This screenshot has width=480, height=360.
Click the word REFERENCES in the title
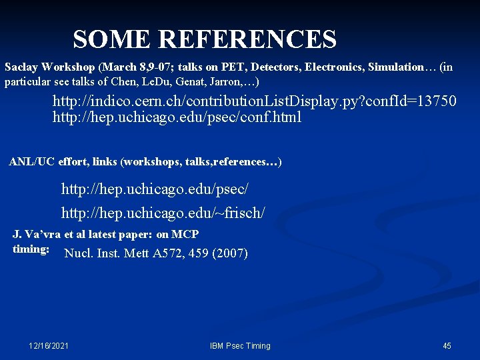[247, 40]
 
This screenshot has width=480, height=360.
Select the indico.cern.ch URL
[255, 101]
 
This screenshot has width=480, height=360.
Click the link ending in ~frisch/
[163, 213]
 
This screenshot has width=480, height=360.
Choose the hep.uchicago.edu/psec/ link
[155, 189]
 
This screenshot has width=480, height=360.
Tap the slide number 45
[447, 346]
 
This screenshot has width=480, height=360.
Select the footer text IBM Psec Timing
[240, 346]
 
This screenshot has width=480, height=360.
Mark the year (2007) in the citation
[229, 253]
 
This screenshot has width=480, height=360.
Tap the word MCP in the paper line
[185, 234]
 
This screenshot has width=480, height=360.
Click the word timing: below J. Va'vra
[31, 249]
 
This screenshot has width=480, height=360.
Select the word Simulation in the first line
[397, 67]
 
